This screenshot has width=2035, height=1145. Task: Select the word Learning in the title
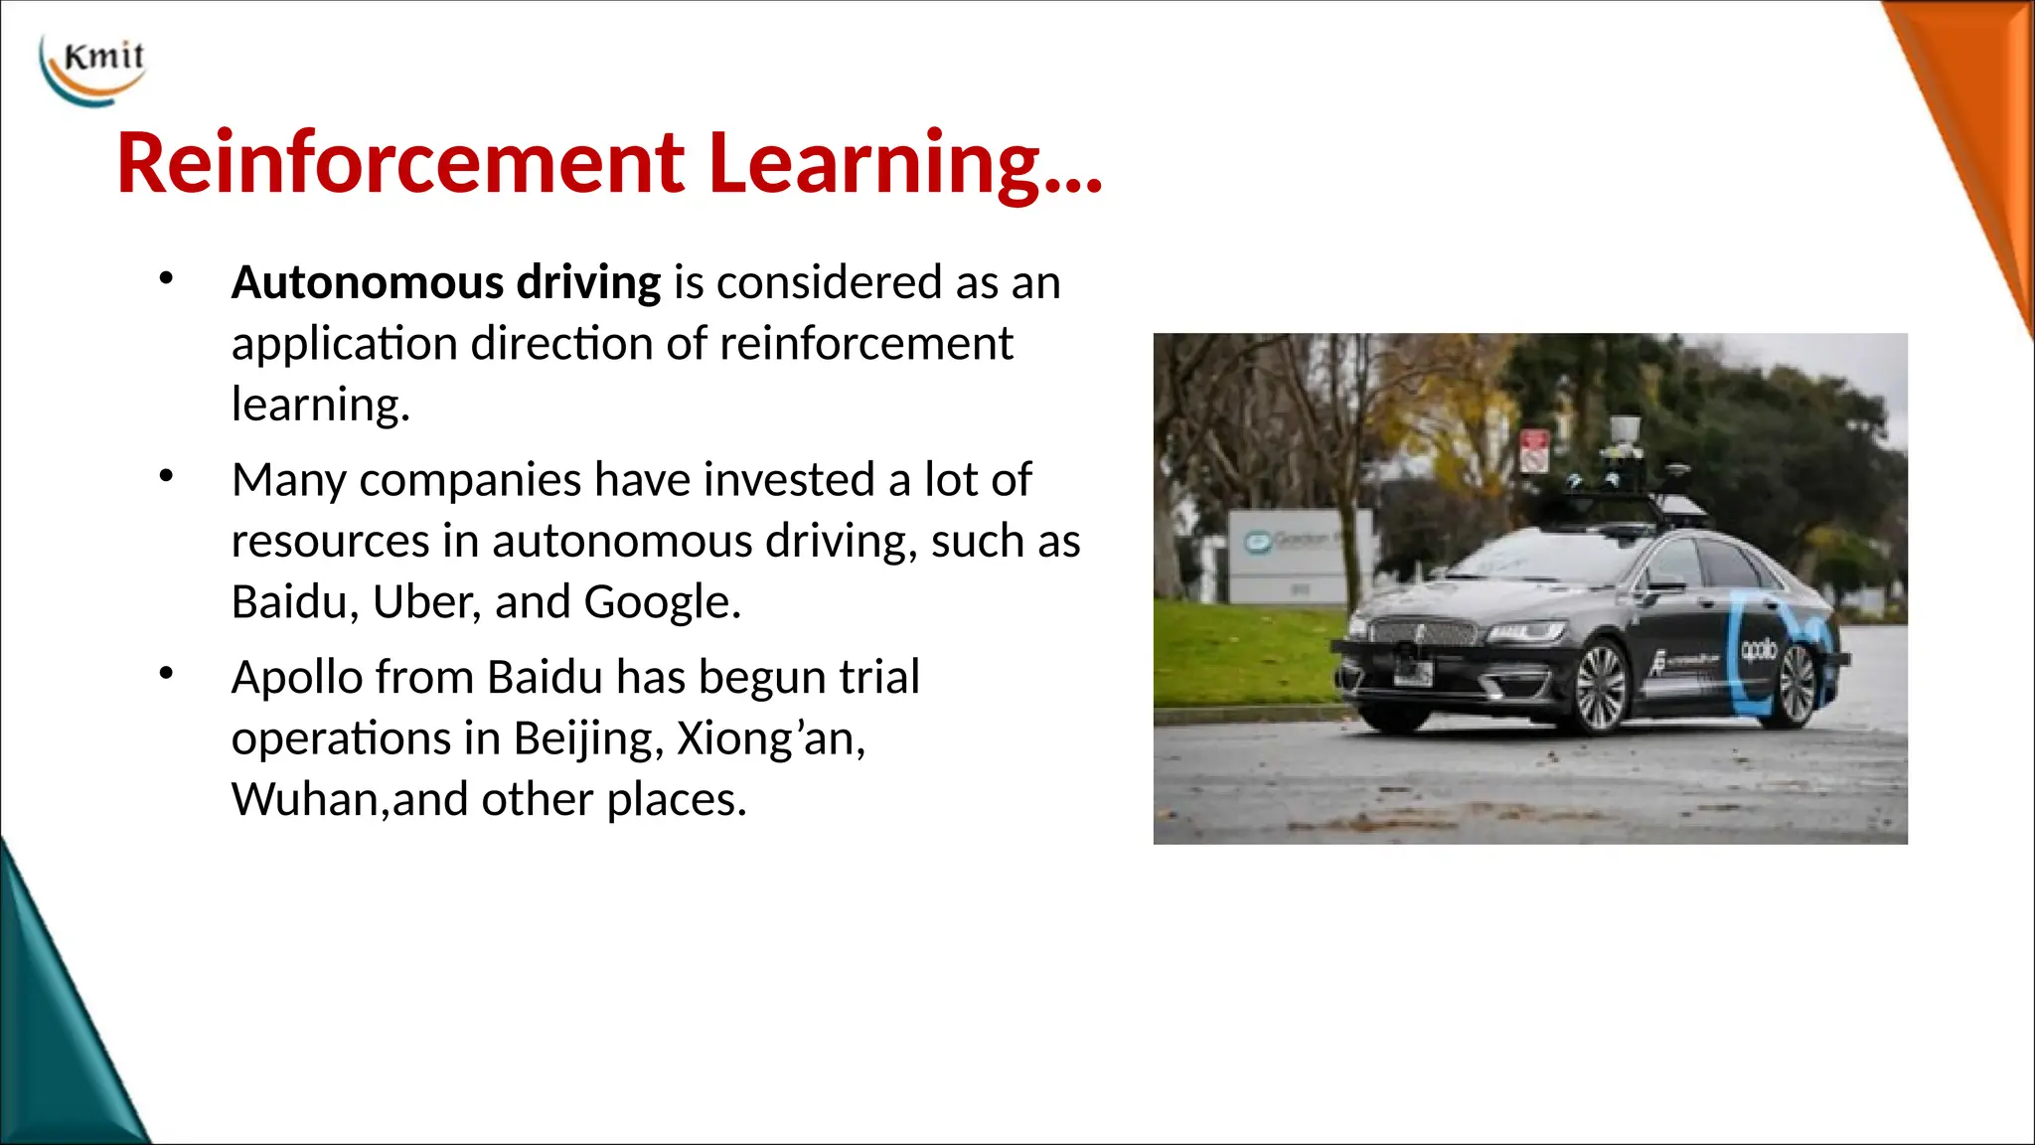874,163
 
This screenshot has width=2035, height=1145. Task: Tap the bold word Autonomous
367,283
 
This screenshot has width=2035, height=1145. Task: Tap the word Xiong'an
770,739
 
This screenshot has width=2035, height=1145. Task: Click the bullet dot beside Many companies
166,477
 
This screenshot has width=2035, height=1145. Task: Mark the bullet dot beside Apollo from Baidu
166,675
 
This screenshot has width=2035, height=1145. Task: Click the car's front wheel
1600,688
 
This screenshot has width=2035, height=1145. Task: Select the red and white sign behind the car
1534,451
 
